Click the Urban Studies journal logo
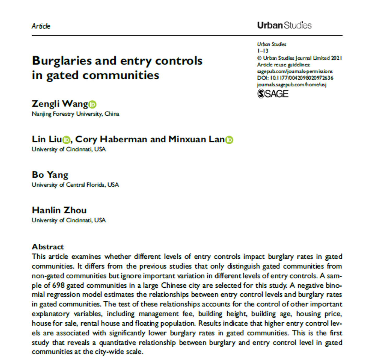[x=284, y=25]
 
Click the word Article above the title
[x=41, y=26]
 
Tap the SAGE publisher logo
[x=273, y=94]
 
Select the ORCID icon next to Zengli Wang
[x=92, y=104]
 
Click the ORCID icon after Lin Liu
[x=67, y=140]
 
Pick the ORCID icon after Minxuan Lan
[x=229, y=140]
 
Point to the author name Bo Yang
[x=50, y=175]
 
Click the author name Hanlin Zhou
[x=59, y=210]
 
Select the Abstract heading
[x=48, y=247]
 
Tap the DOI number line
[x=295, y=78]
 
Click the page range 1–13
[x=263, y=51]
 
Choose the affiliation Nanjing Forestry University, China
[x=75, y=114]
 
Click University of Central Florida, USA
[x=75, y=185]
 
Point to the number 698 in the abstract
[x=58, y=285]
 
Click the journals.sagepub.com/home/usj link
[x=292, y=85]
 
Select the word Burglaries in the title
[x=62, y=61]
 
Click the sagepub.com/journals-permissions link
[x=295, y=71]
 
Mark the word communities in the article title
[x=121, y=76]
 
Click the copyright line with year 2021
[x=299, y=58]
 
